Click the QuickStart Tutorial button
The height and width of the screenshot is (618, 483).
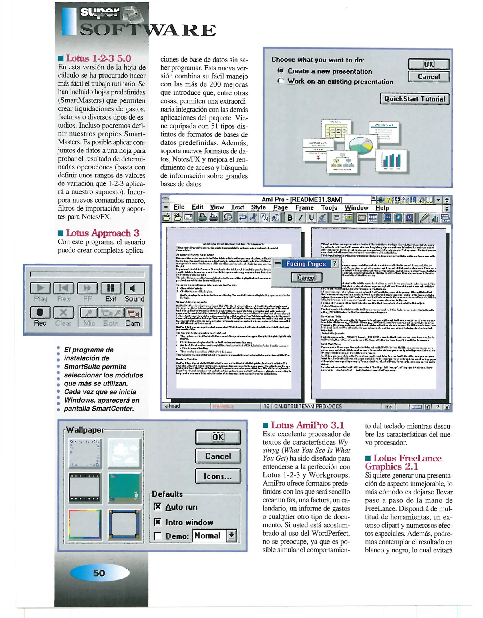(x=414, y=99)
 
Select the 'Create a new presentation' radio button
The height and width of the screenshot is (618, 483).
(x=281, y=71)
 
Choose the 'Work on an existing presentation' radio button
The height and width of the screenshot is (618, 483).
(x=281, y=81)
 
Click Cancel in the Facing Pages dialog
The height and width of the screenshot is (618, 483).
(x=306, y=277)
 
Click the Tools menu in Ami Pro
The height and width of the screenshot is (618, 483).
(x=329, y=208)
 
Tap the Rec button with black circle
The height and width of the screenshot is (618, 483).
(x=40, y=312)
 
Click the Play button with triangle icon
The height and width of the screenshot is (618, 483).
(x=40, y=288)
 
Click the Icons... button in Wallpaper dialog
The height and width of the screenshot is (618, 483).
(x=218, y=476)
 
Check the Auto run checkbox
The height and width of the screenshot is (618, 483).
(x=157, y=507)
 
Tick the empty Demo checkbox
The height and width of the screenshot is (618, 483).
(x=157, y=536)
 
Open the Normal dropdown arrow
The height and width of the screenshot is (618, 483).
(x=231, y=535)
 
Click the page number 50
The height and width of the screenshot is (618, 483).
(x=99, y=573)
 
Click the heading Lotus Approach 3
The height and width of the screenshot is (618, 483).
(x=102, y=233)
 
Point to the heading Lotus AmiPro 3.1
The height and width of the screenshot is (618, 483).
(x=307, y=425)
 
